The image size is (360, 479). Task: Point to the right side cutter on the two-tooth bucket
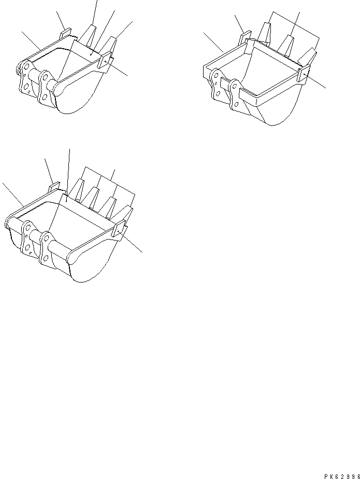click(108, 62)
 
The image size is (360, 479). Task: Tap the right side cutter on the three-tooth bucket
click(302, 75)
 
